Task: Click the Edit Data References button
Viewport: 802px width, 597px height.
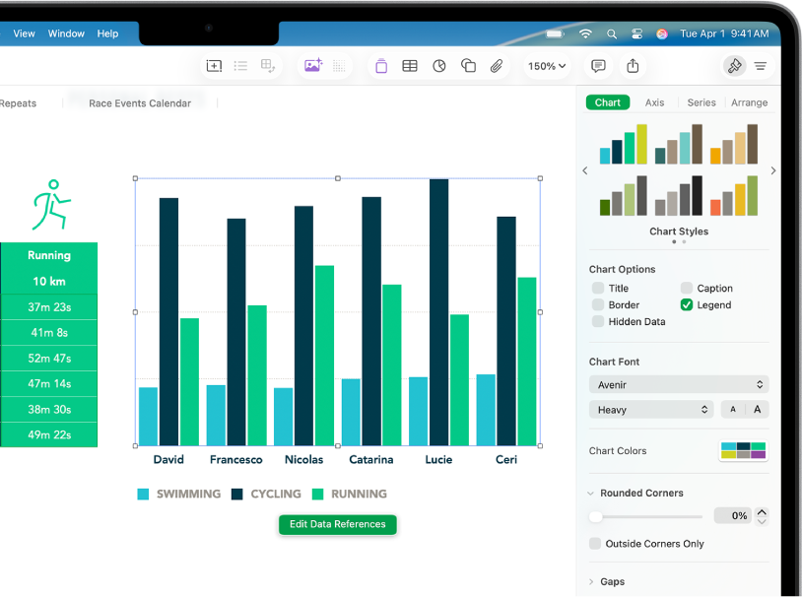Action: (x=337, y=524)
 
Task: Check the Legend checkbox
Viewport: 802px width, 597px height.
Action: (x=687, y=305)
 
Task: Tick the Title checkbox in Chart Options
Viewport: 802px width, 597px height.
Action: (x=598, y=289)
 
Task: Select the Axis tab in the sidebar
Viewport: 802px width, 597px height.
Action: (x=654, y=102)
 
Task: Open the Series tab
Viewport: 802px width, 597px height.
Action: (x=702, y=102)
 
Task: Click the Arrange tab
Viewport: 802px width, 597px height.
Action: (x=749, y=102)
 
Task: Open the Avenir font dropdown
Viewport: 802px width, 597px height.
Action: (x=679, y=385)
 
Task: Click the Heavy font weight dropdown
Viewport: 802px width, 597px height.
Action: (x=651, y=410)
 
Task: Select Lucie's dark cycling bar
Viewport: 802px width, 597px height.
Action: (x=438, y=312)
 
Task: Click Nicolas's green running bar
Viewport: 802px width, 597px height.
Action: (x=324, y=355)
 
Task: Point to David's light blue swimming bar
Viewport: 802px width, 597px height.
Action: (x=149, y=416)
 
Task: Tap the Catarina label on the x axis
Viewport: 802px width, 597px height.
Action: (x=371, y=460)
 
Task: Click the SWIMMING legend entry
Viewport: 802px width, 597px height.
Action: (x=178, y=494)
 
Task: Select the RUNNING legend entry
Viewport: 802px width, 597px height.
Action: (x=350, y=494)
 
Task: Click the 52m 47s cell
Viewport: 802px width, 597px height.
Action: (x=49, y=359)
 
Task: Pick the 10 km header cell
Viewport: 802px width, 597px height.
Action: (x=49, y=282)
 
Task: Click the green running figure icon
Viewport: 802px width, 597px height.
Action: (x=51, y=205)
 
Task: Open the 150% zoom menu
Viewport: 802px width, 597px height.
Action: (x=547, y=66)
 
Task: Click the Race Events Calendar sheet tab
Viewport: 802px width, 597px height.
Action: (x=140, y=103)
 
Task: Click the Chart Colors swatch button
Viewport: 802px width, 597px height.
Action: (x=743, y=451)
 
